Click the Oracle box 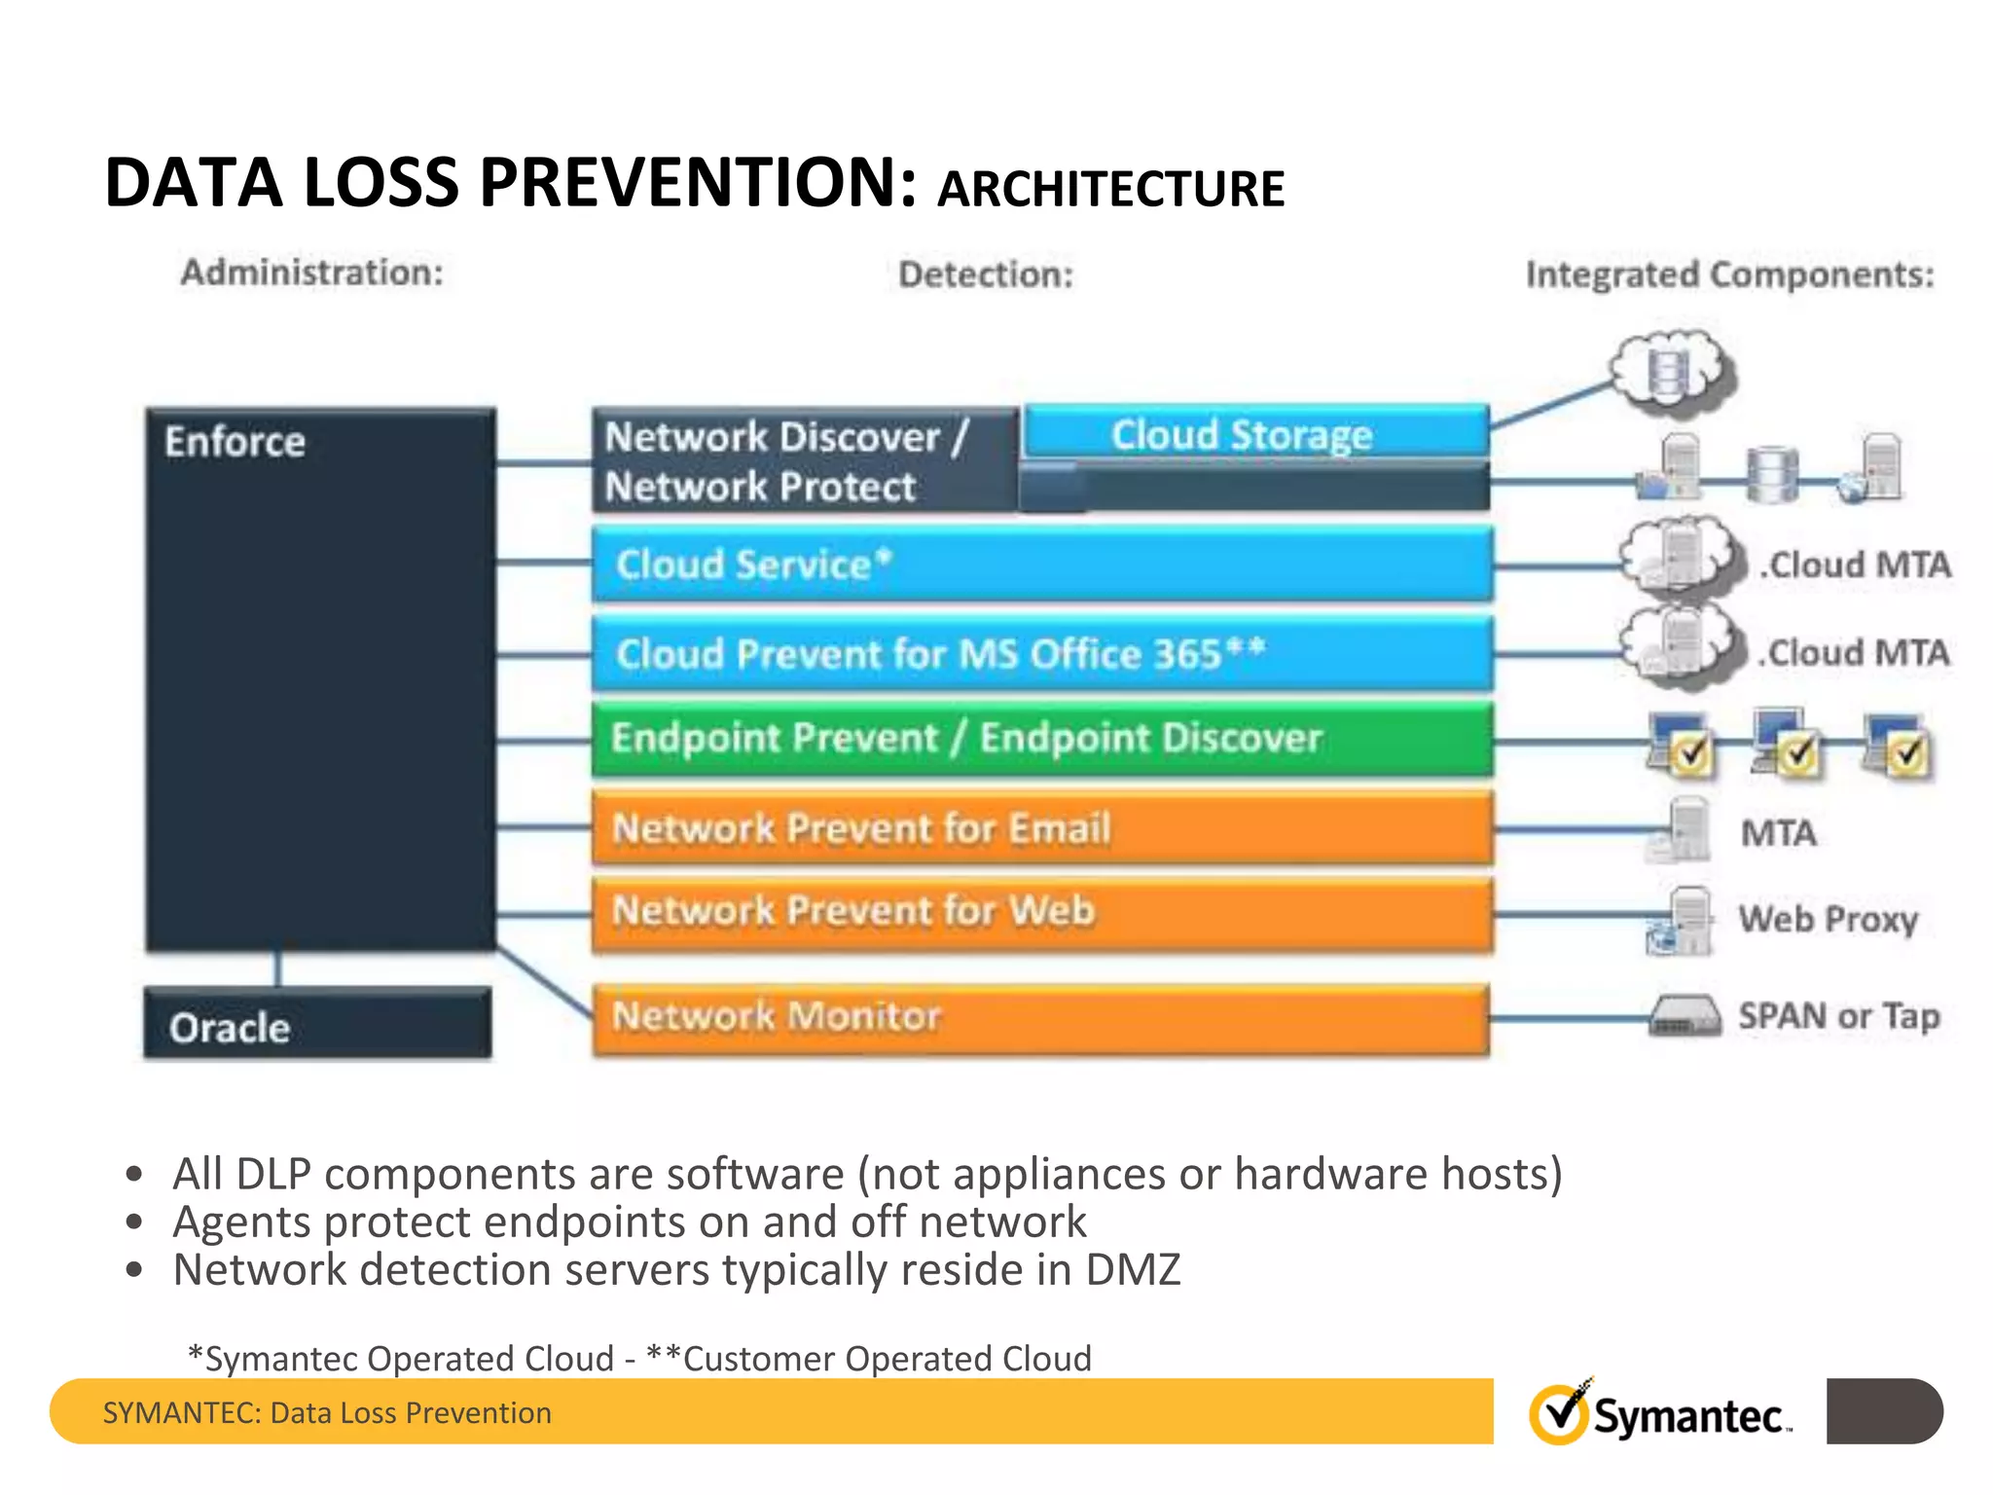click(317, 1024)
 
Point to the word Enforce click(235, 442)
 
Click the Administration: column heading click(311, 273)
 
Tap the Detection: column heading click(985, 274)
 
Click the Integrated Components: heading click(1729, 274)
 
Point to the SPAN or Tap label click(1839, 1016)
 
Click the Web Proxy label click(1828, 919)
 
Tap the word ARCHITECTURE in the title click(1110, 189)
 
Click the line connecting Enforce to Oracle click(278, 969)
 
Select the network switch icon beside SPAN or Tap click(1684, 1016)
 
